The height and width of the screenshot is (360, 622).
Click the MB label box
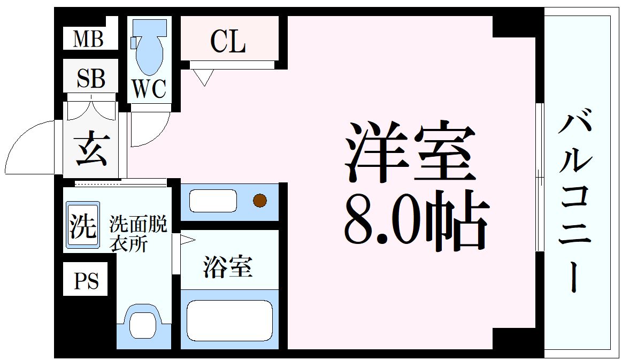tap(89, 39)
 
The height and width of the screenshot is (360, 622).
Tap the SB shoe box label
tap(91, 78)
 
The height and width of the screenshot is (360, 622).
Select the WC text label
tap(149, 89)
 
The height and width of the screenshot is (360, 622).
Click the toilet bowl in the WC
tap(150, 51)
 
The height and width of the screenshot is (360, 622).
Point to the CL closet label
tap(228, 41)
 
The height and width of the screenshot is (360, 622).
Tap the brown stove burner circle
tap(259, 201)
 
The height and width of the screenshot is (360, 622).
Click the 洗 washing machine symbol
tap(83, 225)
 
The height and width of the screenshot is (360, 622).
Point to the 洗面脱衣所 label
tap(138, 234)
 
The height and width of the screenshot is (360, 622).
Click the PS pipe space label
tap(86, 281)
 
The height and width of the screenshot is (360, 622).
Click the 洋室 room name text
tap(410, 152)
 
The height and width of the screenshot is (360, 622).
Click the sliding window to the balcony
tap(540, 177)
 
